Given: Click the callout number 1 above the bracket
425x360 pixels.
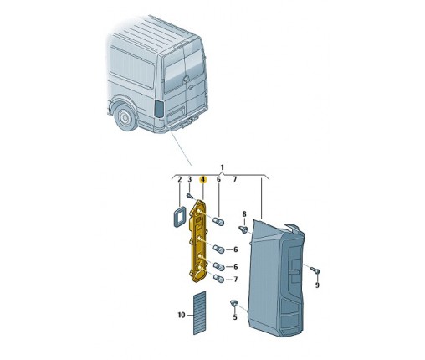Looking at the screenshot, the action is (x=222, y=167).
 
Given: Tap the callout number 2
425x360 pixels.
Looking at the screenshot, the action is (x=180, y=179).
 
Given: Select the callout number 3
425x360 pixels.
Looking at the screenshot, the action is (x=189, y=179).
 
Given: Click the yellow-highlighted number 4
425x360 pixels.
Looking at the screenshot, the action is (x=203, y=179).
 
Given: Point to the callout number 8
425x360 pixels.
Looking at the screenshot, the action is (x=244, y=214).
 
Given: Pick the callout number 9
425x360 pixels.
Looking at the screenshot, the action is (x=317, y=285).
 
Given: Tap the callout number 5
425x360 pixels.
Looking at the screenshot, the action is (x=235, y=317).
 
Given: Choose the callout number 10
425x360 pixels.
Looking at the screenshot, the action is (x=182, y=315).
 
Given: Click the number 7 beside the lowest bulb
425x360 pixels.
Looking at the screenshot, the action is (x=235, y=279).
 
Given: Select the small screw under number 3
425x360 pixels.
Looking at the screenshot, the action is (x=190, y=196).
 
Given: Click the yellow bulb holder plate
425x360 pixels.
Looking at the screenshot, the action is (x=197, y=241).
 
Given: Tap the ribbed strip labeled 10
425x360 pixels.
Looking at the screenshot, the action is (x=199, y=312).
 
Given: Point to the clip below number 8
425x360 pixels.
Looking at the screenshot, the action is (x=243, y=229).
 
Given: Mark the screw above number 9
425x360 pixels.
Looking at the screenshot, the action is (x=315, y=270).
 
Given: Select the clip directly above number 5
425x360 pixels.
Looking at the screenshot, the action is (x=233, y=303).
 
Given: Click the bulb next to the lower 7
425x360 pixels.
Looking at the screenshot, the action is (x=218, y=278).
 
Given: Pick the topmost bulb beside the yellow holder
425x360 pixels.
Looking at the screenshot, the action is (x=219, y=221).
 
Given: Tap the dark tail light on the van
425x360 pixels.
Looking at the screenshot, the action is (x=159, y=109).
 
